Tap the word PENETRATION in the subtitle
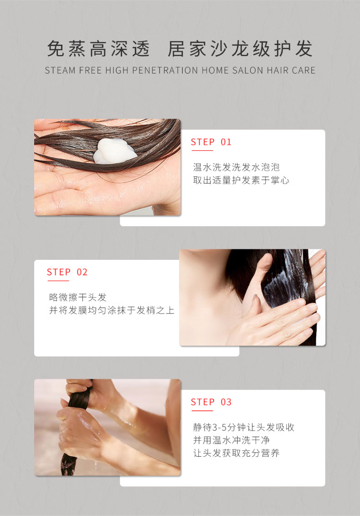[165, 70]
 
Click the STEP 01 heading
[211, 142]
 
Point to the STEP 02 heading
[67, 272]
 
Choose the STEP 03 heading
[211, 402]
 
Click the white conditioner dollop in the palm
[114, 151]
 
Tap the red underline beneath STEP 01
[202, 151]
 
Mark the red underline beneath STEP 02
[58, 281]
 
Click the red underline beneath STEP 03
[202, 411]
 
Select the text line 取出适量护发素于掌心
[241, 181]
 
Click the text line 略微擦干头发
[77, 298]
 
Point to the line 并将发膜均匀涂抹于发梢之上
[112, 310]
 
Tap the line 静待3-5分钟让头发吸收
[243, 428]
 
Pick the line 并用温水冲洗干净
[231, 440]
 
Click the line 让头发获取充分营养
[236, 453]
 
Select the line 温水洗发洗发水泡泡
[236, 167]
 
